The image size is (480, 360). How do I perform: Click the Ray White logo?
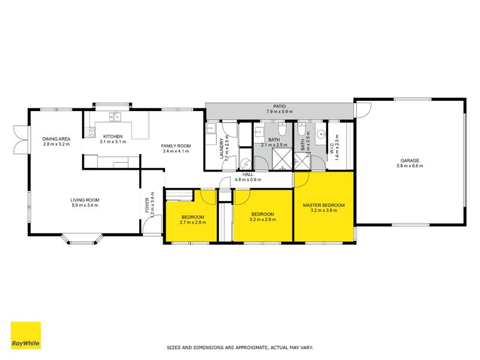pos(26,335)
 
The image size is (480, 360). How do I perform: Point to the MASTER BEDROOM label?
pos(323,205)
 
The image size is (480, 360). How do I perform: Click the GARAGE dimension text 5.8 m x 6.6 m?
pos(410,166)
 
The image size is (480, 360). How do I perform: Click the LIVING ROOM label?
pos(85,200)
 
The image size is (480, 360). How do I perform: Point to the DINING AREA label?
pos(56,139)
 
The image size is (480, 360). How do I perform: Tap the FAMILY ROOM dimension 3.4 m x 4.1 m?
pos(176,151)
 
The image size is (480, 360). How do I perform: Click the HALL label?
pos(248,173)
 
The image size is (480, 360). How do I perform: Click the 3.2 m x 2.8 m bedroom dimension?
pos(263,220)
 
